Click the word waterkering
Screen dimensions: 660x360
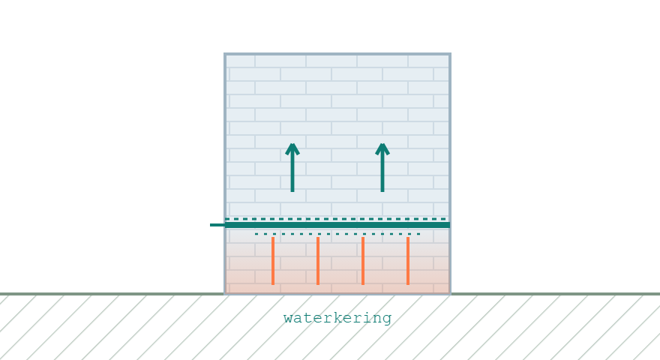[x=337, y=318]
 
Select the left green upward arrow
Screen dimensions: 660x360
[x=292, y=167]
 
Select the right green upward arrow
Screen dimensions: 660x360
[x=382, y=167]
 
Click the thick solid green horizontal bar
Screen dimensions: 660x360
[x=337, y=225]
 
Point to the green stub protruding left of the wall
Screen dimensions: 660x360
[x=217, y=225]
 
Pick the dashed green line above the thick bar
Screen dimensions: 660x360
[x=336, y=219]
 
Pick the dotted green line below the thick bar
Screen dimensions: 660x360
[x=337, y=234]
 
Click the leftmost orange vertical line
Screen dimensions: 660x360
[x=273, y=261]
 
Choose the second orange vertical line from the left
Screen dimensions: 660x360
[x=318, y=261]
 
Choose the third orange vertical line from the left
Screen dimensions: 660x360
[x=363, y=261]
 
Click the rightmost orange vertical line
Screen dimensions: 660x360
[x=408, y=261]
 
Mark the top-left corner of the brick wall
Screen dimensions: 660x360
[x=224, y=53]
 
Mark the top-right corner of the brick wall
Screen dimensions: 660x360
[x=451, y=53]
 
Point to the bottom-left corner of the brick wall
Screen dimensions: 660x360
[x=224, y=293]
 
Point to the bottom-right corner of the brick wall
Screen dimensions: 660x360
[x=451, y=293]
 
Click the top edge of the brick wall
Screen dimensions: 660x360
[x=337, y=54]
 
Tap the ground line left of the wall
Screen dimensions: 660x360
[x=112, y=294]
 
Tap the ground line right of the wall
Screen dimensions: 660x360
[x=556, y=294]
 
